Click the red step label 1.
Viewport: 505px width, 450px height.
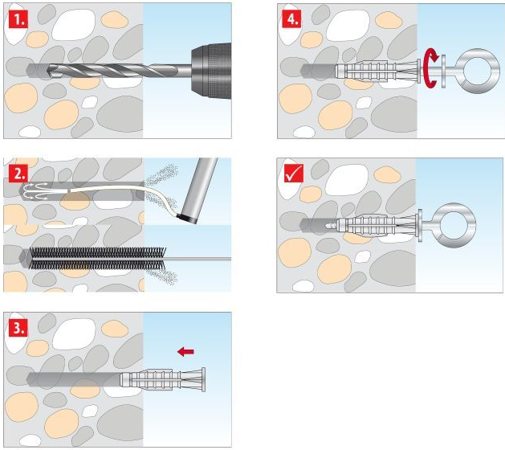coord(18,18)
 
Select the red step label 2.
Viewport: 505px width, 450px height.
coord(18,174)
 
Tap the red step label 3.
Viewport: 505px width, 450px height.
coord(18,328)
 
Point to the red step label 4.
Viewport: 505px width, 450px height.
coord(292,18)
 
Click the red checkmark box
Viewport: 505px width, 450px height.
coord(294,174)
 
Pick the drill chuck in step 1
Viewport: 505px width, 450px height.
coord(211,70)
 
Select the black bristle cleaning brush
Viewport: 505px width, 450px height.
coord(97,258)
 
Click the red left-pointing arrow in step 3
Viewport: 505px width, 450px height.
coord(185,351)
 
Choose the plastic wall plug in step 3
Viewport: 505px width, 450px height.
coord(163,379)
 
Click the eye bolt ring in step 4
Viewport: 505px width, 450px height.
coord(479,72)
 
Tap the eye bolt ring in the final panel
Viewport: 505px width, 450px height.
coord(454,225)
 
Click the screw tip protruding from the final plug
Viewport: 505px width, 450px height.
coord(331,225)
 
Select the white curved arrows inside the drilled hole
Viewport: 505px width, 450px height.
coord(36,190)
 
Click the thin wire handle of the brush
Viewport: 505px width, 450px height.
coord(198,259)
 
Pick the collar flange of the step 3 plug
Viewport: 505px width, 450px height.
coord(203,379)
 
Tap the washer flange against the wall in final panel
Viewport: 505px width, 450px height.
coord(420,225)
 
